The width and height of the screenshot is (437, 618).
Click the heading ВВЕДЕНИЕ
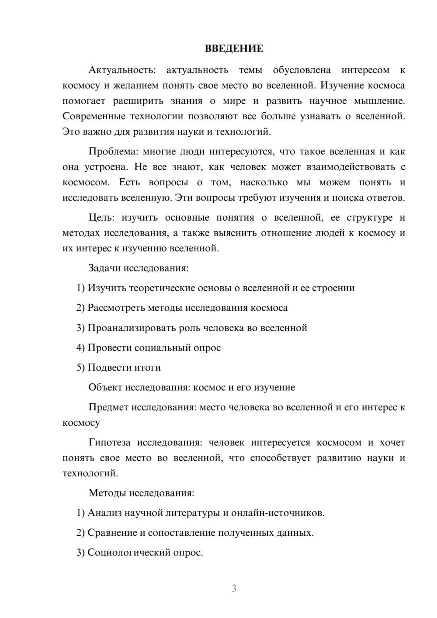pos(234,49)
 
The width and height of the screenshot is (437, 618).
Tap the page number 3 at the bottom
pos(234,588)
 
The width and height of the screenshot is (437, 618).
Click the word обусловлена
pos(302,70)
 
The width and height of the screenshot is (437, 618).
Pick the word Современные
pos(93,116)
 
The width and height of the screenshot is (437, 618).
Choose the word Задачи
pos(104,268)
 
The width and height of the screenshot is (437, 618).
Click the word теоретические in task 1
pos(162,288)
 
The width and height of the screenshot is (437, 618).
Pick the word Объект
pos(105,388)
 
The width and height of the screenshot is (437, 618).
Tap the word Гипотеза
pos(109,443)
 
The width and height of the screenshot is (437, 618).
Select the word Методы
pos(107,493)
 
